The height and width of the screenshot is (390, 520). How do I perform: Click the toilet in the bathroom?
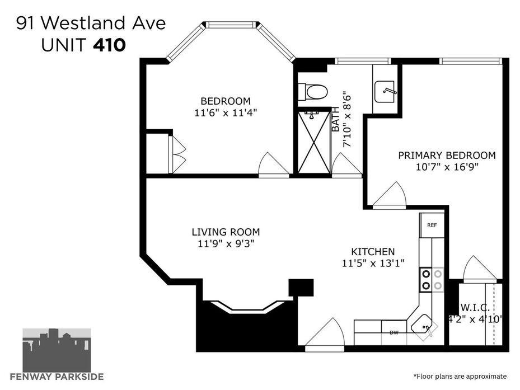pos(313,92)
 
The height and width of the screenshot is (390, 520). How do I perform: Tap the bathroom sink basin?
pos(385,92)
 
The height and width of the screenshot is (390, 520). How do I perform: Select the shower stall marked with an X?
pos(315,142)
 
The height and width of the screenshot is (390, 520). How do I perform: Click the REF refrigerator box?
pos(432,225)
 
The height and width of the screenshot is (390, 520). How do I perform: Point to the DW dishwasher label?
pos(394,332)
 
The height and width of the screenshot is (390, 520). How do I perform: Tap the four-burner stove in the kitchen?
pos(432,280)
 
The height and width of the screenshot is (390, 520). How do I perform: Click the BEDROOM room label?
pos(226,101)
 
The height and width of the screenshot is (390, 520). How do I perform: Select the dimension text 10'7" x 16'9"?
pos(447,167)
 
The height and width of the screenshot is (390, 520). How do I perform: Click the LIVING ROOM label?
pos(226,232)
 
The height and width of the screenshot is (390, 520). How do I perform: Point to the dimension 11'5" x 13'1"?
pos(373,264)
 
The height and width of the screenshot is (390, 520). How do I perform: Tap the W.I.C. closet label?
pos(475,308)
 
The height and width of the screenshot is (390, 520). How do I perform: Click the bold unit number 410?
pos(110,45)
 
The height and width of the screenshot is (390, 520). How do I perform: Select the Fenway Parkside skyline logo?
pos(57,350)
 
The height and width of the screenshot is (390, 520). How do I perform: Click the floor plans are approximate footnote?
pos(460,377)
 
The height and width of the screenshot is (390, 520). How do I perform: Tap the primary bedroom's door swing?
pos(390,195)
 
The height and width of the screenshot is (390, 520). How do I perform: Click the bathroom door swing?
pos(346,165)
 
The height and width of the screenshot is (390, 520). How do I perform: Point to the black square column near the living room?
pos(301,288)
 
